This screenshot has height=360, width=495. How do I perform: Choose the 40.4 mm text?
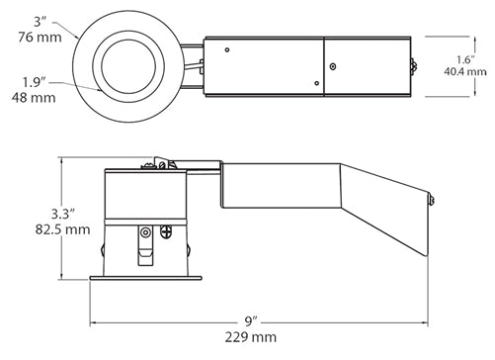463,74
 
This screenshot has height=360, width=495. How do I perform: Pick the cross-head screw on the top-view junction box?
332,65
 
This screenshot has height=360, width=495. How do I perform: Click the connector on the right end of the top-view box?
412,67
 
